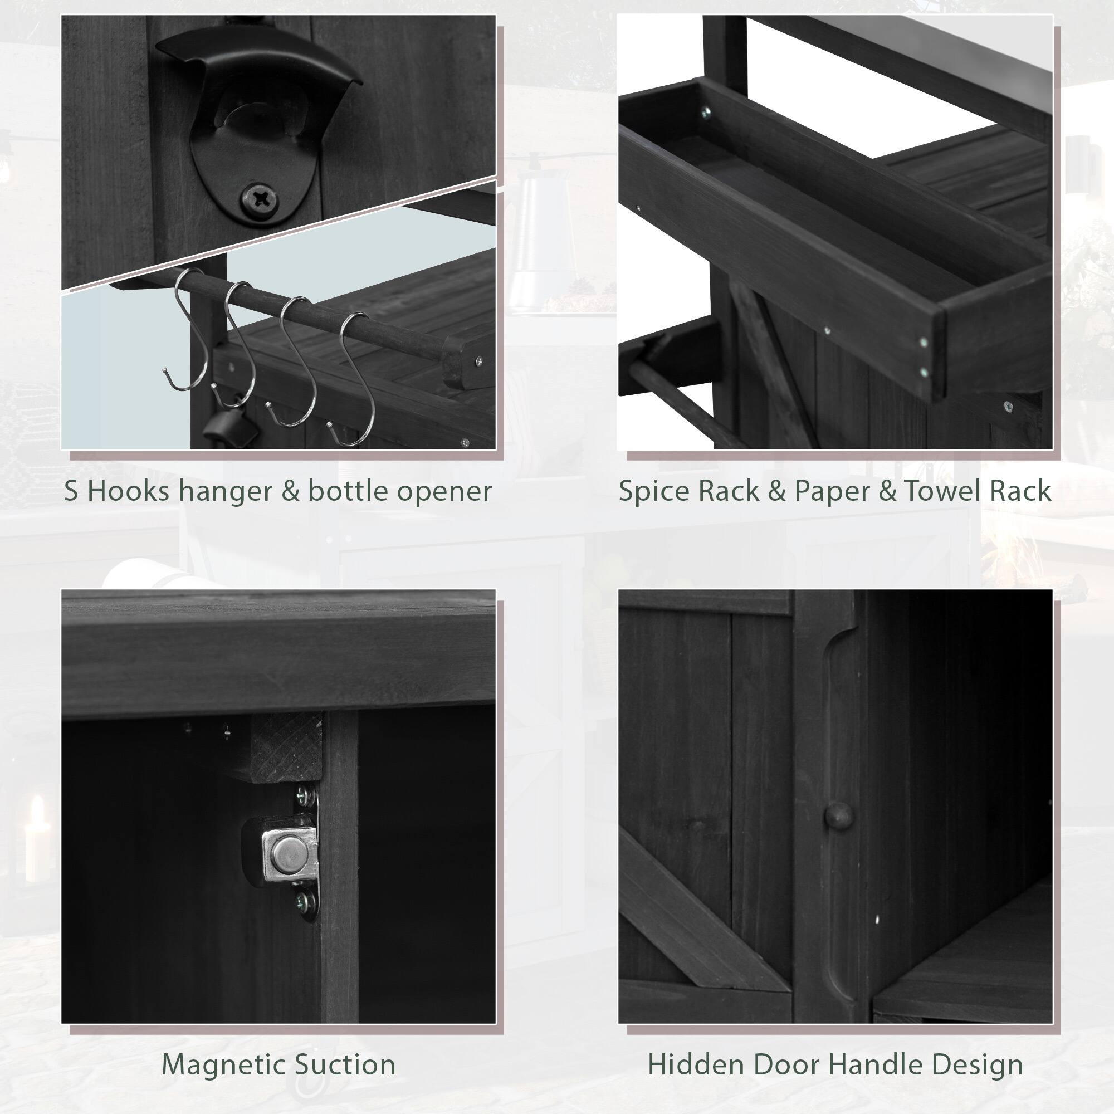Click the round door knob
coord(838,815)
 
